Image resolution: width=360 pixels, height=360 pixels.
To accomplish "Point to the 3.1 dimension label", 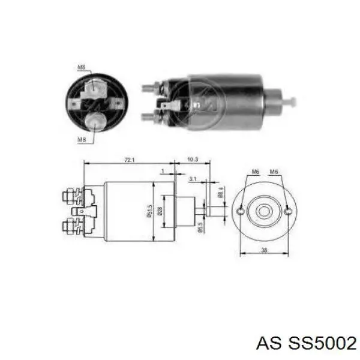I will tap(192, 179).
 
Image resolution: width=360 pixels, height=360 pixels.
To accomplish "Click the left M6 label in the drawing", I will tap(255, 172).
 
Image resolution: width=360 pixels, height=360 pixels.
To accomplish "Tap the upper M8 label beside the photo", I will tap(81, 67).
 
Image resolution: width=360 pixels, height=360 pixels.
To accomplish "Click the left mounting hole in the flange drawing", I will tap(241, 211).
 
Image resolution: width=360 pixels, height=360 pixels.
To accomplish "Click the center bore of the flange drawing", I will tap(265, 211).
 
